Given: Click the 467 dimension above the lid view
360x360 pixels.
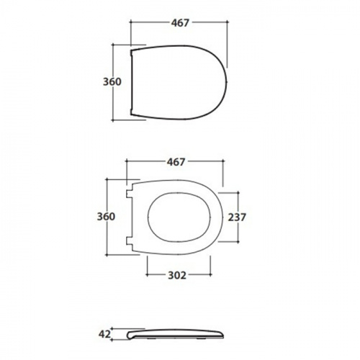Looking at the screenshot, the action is point(180,23).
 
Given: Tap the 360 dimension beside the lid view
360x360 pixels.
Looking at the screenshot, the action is point(112,82).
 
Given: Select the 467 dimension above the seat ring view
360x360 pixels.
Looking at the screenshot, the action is point(176,162).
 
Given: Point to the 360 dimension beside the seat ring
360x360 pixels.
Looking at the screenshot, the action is point(106,217).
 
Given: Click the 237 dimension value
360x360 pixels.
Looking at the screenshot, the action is point(237,217).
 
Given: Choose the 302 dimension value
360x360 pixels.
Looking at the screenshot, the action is point(177,276).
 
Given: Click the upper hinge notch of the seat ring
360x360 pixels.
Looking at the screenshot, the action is point(130,194).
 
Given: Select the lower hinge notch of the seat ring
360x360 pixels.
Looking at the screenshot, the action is point(130,240).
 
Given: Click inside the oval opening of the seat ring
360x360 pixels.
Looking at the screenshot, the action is point(179,217).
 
